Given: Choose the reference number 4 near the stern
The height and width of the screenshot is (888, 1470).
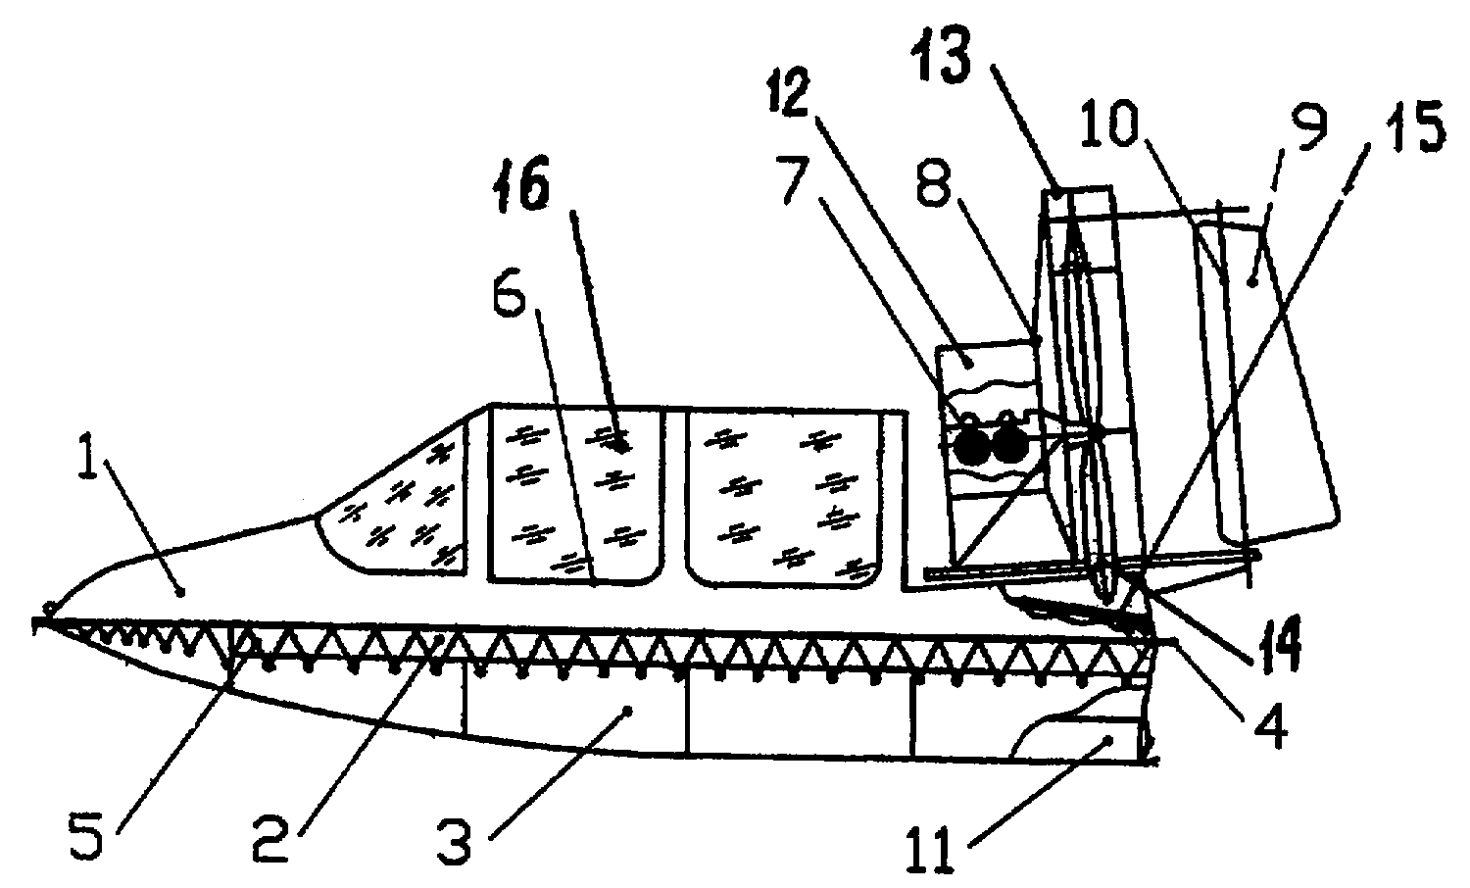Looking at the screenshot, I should click(x=1271, y=729).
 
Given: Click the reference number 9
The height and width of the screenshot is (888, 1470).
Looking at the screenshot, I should click(x=1309, y=125).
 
